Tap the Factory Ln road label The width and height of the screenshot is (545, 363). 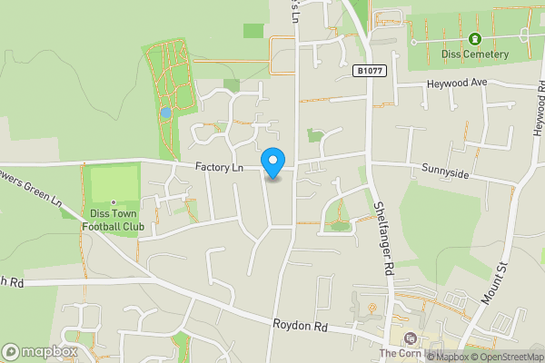click(219, 167)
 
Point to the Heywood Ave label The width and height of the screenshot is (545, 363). click(458, 83)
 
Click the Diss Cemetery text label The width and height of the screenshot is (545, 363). click(474, 54)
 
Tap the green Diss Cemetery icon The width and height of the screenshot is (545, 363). click(474, 39)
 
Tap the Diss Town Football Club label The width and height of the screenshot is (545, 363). click(113, 222)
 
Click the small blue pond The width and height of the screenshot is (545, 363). click(164, 113)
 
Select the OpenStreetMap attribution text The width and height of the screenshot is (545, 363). click(508, 357)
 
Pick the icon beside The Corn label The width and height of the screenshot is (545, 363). click(410, 339)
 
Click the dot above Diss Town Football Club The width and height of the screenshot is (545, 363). click(113, 202)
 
